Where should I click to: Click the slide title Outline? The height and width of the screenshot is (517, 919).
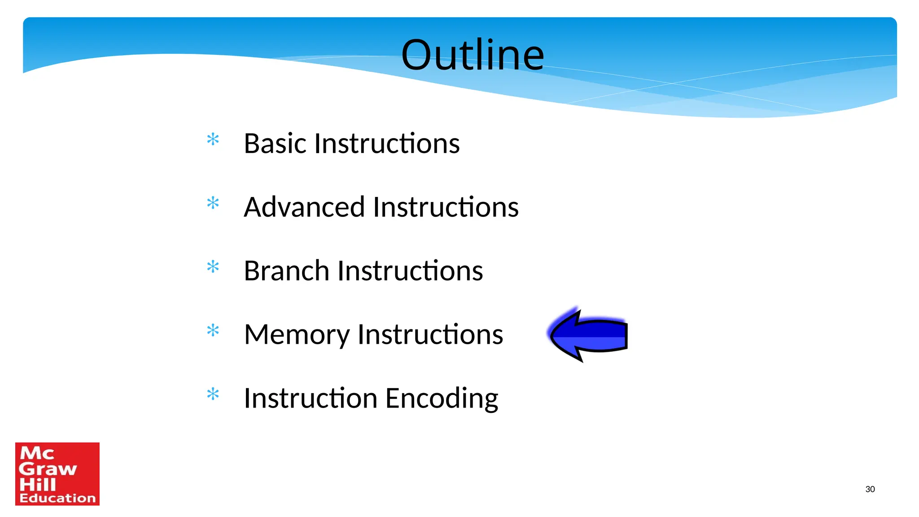tap(473, 55)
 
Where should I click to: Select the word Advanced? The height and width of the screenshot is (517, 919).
tap(304, 207)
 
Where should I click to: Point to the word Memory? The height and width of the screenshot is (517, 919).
tap(297, 335)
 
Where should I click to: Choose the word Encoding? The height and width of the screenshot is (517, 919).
tap(442, 399)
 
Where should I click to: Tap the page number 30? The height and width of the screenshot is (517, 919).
tap(870, 489)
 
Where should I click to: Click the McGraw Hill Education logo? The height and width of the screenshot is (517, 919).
tap(57, 474)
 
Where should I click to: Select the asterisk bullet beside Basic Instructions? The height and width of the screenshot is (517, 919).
tap(213, 140)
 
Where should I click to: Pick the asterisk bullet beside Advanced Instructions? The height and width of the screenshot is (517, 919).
tap(213, 203)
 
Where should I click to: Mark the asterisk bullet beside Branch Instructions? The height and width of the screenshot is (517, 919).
tap(213, 267)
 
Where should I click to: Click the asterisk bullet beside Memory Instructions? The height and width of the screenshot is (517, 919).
tap(213, 331)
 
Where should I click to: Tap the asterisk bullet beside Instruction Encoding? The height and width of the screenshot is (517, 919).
tap(213, 394)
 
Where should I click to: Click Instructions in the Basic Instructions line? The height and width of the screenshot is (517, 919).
tap(387, 144)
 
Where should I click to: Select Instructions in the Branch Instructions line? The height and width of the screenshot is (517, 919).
tap(410, 271)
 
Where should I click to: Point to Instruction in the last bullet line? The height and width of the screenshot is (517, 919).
tap(311, 399)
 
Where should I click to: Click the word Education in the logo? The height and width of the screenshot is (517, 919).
tap(57, 498)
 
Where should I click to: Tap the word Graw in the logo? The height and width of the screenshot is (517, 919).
tap(48, 469)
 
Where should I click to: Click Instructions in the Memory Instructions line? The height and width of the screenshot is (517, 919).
tap(430, 335)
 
